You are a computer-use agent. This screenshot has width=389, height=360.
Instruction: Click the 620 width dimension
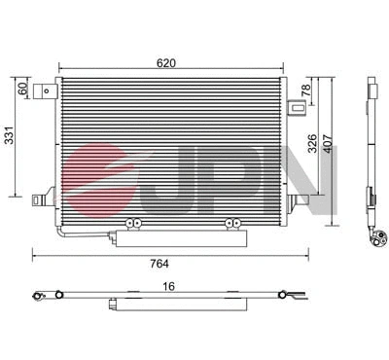(167, 63)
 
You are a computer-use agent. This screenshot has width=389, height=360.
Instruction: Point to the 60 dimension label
(22, 88)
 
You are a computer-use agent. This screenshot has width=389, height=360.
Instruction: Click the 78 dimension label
(305, 90)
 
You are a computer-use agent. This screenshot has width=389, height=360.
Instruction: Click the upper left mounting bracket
(45, 92)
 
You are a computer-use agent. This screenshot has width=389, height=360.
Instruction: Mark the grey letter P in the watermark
(226, 179)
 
